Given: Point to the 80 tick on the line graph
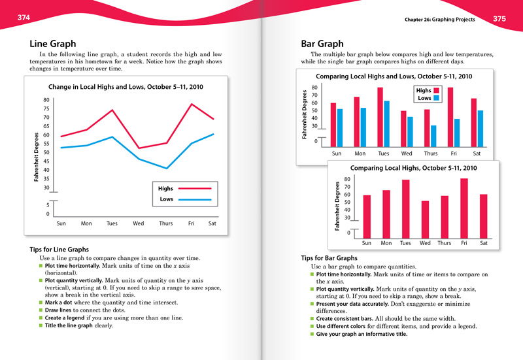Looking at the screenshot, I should click(x=46, y=100).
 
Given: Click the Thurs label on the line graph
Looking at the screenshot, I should click(x=166, y=223).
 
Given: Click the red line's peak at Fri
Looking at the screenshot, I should click(x=192, y=104).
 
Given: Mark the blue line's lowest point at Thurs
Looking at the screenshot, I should click(x=166, y=169).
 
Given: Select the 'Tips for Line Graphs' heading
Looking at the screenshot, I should click(x=59, y=250).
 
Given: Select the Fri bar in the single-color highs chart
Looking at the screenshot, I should click(x=464, y=207).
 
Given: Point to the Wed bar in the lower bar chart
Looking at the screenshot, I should click(x=425, y=219).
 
